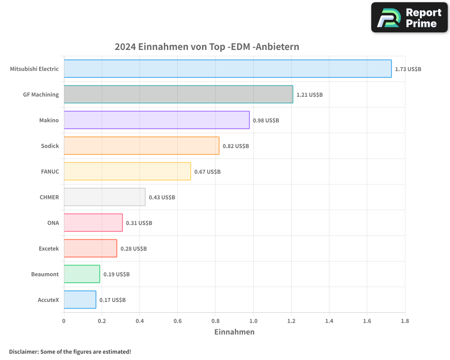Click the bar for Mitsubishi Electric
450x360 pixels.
[227, 69]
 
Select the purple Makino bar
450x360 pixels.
[156, 120]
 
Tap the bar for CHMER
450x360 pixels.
[104, 197]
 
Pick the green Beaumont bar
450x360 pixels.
[81, 274]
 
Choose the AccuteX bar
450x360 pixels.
[80, 300]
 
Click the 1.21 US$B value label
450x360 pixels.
[310, 95]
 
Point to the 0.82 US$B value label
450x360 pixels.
[236, 146]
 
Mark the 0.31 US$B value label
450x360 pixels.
[139, 223]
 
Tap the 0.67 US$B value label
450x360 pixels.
[207, 172]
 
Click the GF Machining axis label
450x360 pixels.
[41, 95]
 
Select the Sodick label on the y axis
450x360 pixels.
[49, 146]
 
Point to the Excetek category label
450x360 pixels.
[49, 249]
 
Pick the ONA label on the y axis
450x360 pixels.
[53, 223]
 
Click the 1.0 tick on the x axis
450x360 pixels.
[253, 321]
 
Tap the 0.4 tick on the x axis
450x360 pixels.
[139, 321]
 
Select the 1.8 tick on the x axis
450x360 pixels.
[405, 321]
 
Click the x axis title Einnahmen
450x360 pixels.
[234, 332]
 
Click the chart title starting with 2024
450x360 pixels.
[207, 47]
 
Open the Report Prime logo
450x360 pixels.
[409, 18]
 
